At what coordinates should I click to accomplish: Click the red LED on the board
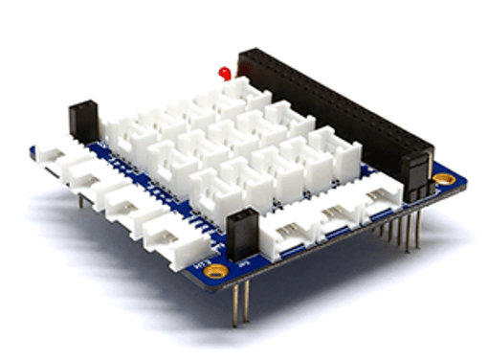coord(224,73)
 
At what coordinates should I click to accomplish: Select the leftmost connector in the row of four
coord(57,157)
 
